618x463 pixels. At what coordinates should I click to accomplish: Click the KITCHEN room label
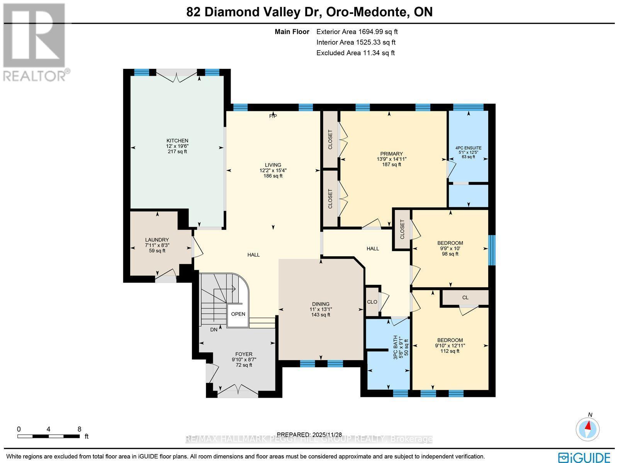click(177, 140)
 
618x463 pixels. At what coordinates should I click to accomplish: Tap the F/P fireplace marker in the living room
click(273, 116)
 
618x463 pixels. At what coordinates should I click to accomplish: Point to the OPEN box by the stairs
click(238, 314)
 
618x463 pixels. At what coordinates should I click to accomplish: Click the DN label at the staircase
click(214, 330)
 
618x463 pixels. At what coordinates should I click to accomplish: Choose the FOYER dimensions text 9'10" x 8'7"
click(244, 359)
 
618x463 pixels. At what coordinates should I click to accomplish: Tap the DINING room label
click(321, 304)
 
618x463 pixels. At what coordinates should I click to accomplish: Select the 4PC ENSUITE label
click(468, 148)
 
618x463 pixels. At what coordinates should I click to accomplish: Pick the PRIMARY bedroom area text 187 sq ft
click(391, 164)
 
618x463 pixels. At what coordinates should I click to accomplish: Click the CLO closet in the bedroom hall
click(372, 302)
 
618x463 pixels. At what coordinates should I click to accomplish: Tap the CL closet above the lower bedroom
click(465, 297)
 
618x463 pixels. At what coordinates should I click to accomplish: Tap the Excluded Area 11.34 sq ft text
click(355, 53)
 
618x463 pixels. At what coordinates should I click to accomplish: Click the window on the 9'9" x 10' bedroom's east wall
click(491, 250)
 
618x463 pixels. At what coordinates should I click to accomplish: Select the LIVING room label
click(273, 165)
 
